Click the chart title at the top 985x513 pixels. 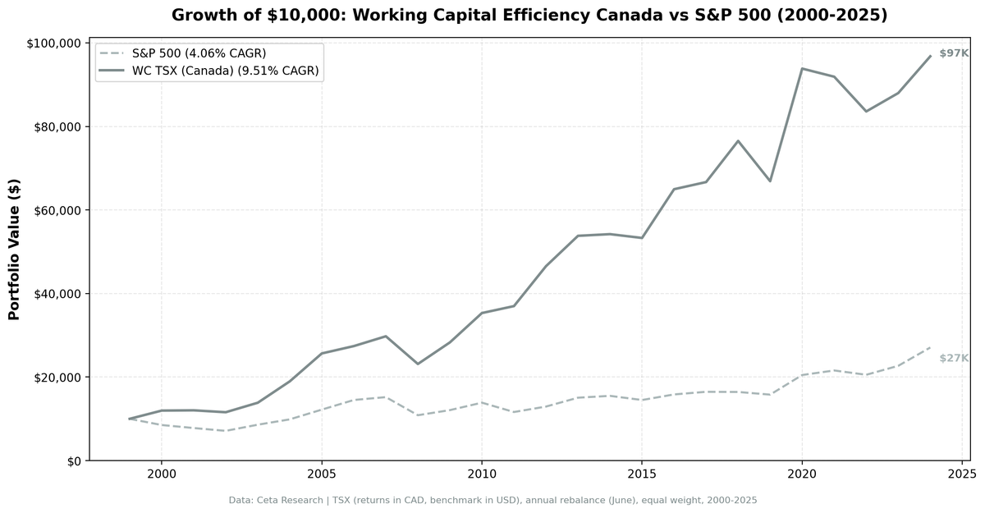coord(529,15)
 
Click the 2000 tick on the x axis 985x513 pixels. coord(161,474)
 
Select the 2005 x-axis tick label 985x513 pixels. coord(321,474)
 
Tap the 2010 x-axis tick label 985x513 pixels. coord(481,474)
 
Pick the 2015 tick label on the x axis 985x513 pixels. coord(641,474)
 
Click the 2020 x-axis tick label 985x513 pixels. coord(802,474)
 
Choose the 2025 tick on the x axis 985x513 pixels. coord(962,474)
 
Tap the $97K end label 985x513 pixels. coord(954,53)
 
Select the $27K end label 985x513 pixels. coord(954,358)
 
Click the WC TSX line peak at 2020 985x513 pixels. coord(802,68)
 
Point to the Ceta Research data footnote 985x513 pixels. coord(492,500)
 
